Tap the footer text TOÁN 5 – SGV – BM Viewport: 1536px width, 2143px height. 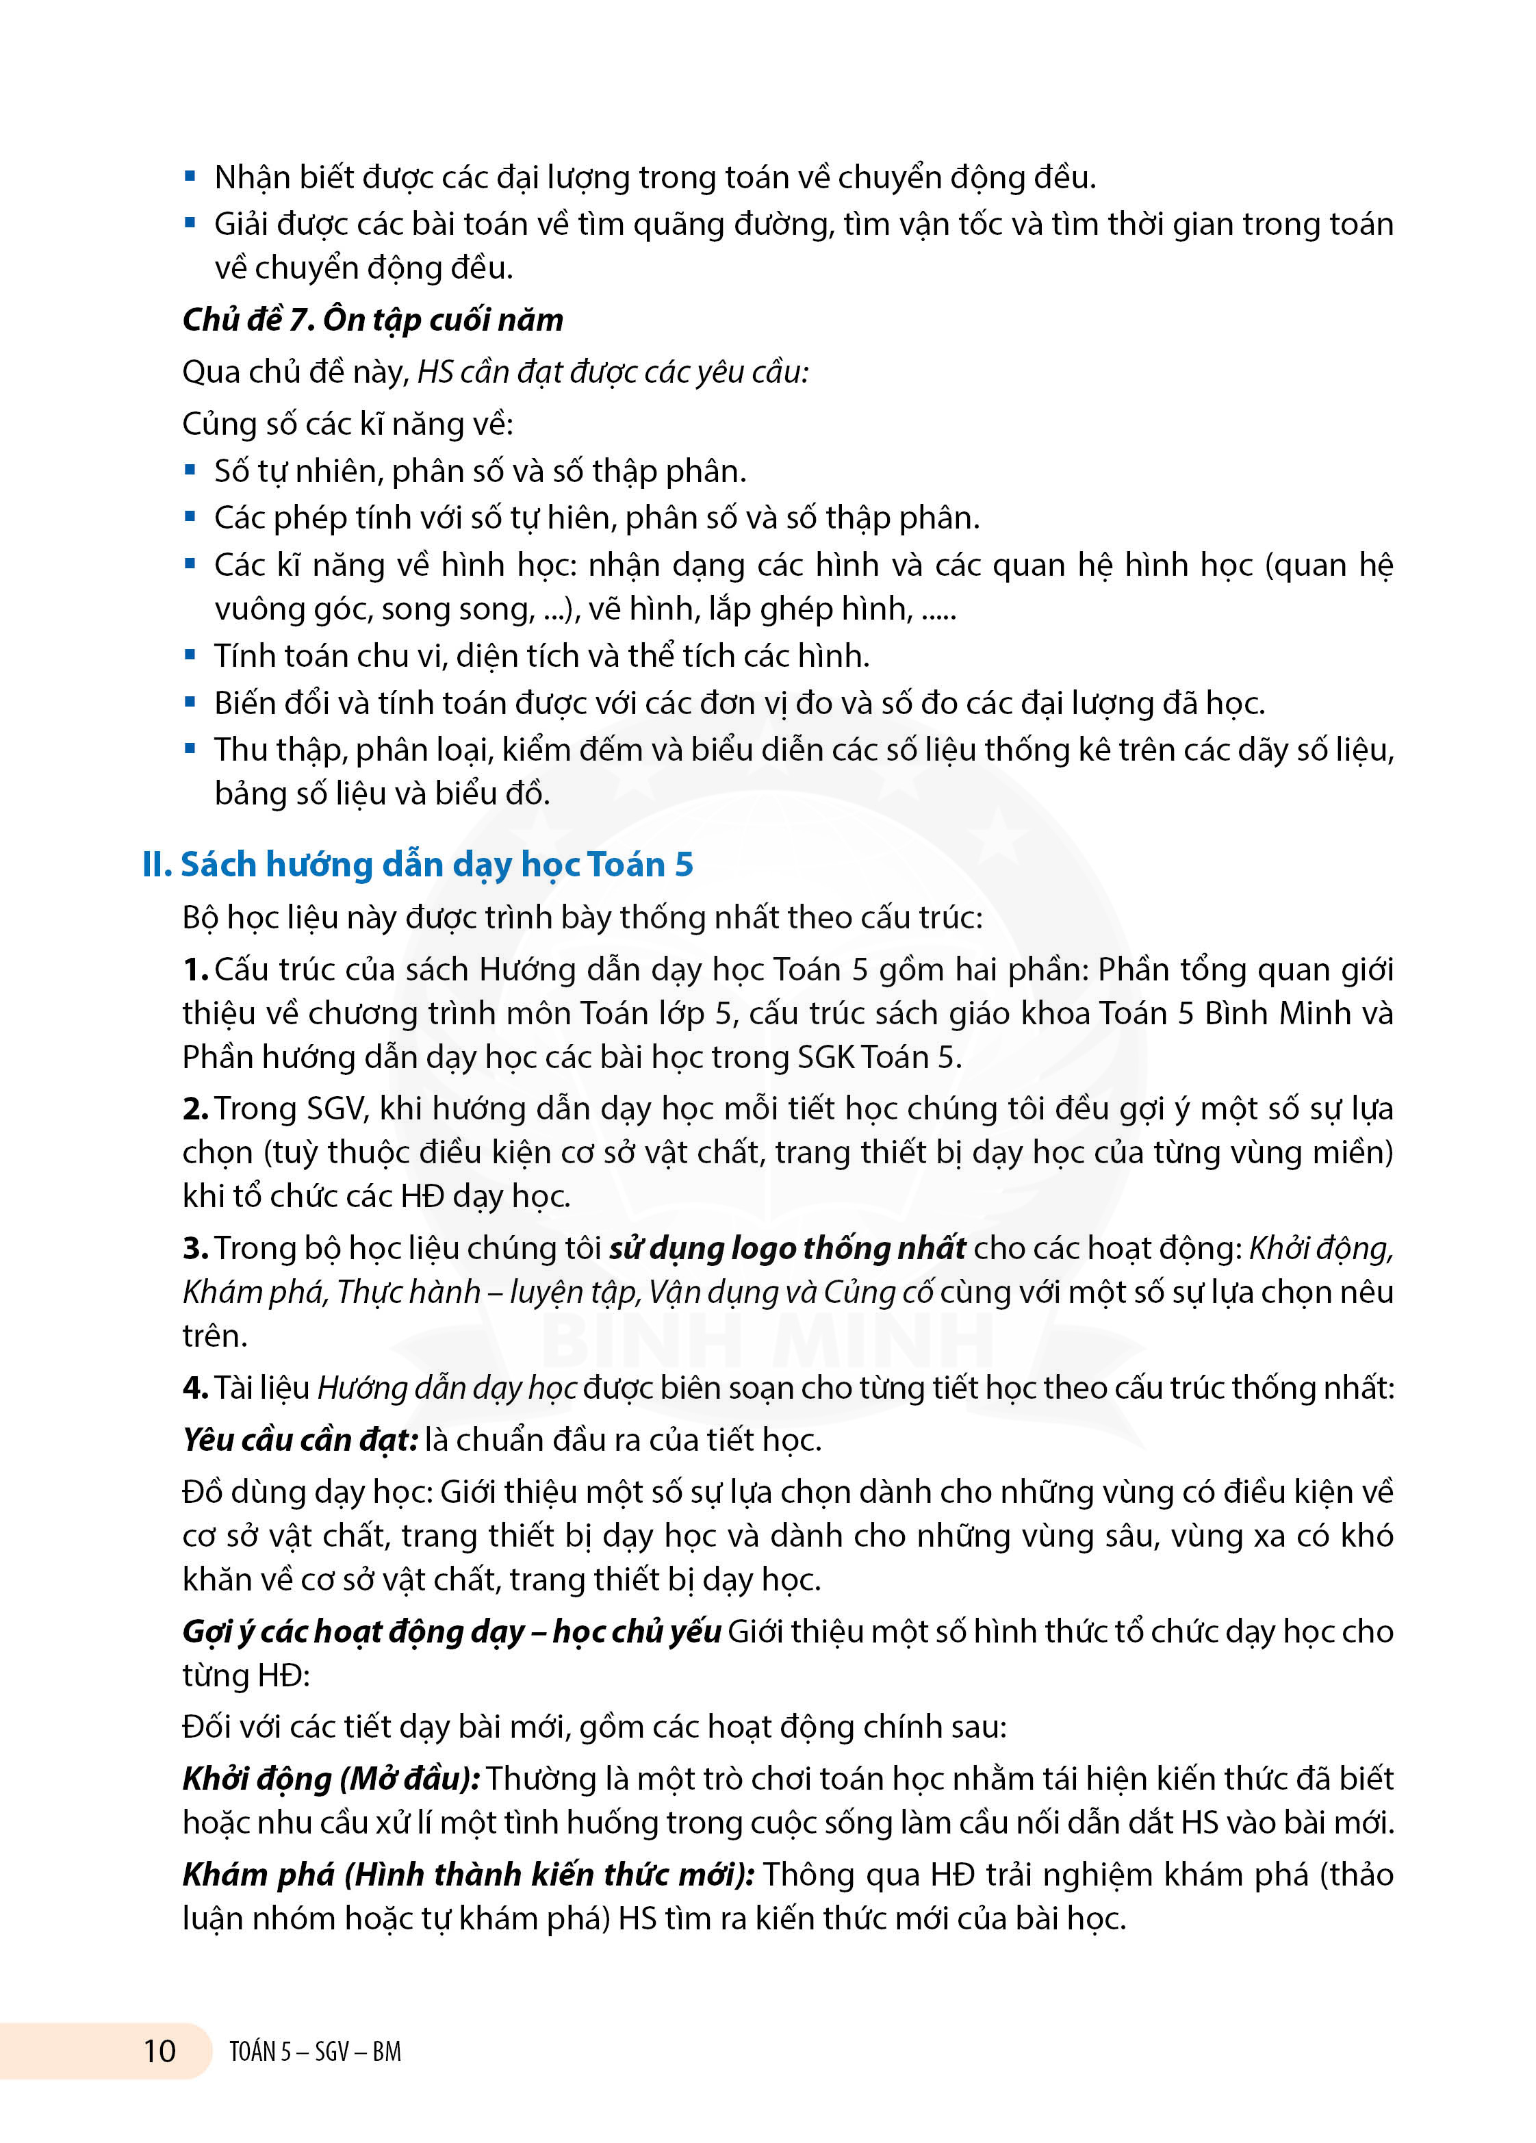coord(315,2051)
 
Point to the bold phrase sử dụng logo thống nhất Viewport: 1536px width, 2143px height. coord(787,1247)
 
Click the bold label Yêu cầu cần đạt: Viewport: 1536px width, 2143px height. coord(299,1439)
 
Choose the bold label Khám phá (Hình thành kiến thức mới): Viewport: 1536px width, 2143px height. coord(468,1874)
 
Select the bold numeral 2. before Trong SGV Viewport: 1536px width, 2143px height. coord(196,1108)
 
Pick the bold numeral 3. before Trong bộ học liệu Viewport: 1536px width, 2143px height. coord(196,1248)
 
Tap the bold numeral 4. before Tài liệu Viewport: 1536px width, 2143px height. coord(196,1387)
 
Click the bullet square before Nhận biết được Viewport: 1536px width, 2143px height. coord(190,176)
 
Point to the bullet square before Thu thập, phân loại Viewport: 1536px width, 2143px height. coord(190,748)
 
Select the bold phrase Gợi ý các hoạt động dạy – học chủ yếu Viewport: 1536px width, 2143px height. coord(452,1631)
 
